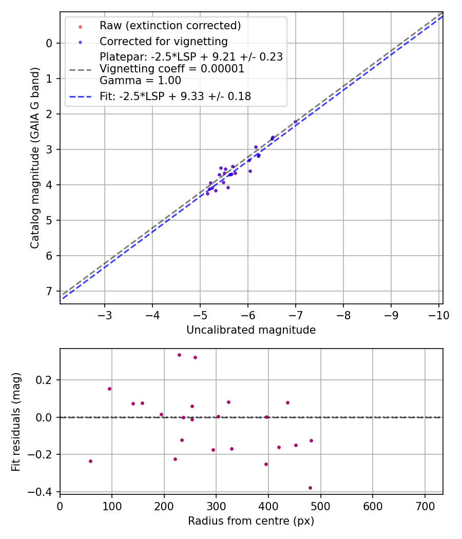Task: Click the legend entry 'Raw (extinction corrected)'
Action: pos(170,26)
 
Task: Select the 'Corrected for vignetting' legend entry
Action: pos(164,41)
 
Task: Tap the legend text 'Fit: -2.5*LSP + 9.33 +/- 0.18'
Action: pos(175,96)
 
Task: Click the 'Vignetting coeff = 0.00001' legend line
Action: pos(171,68)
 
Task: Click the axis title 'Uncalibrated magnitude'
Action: pos(251,330)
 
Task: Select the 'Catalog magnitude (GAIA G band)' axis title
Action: pos(35,158)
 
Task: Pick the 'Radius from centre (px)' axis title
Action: pos(251,521)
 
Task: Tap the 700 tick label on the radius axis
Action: pos(425,506)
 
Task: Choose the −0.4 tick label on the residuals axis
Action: pos(44,492)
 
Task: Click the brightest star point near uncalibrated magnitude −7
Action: pos(295,122)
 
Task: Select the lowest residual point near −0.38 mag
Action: pos(310,488)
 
